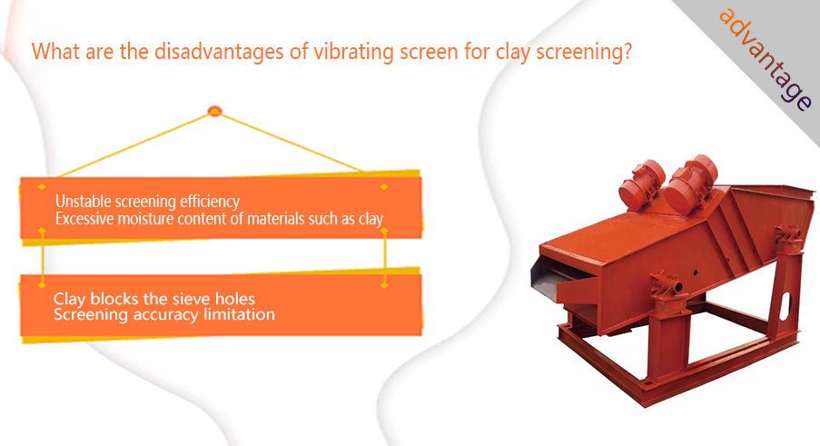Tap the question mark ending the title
click(627, 52)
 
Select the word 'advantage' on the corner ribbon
click(766, 59)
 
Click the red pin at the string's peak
click(214, 111)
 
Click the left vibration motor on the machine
click(642, 185)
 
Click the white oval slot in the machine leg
click(785, 306)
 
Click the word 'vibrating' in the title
click(353, 53)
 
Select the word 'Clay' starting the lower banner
click(70, 300)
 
